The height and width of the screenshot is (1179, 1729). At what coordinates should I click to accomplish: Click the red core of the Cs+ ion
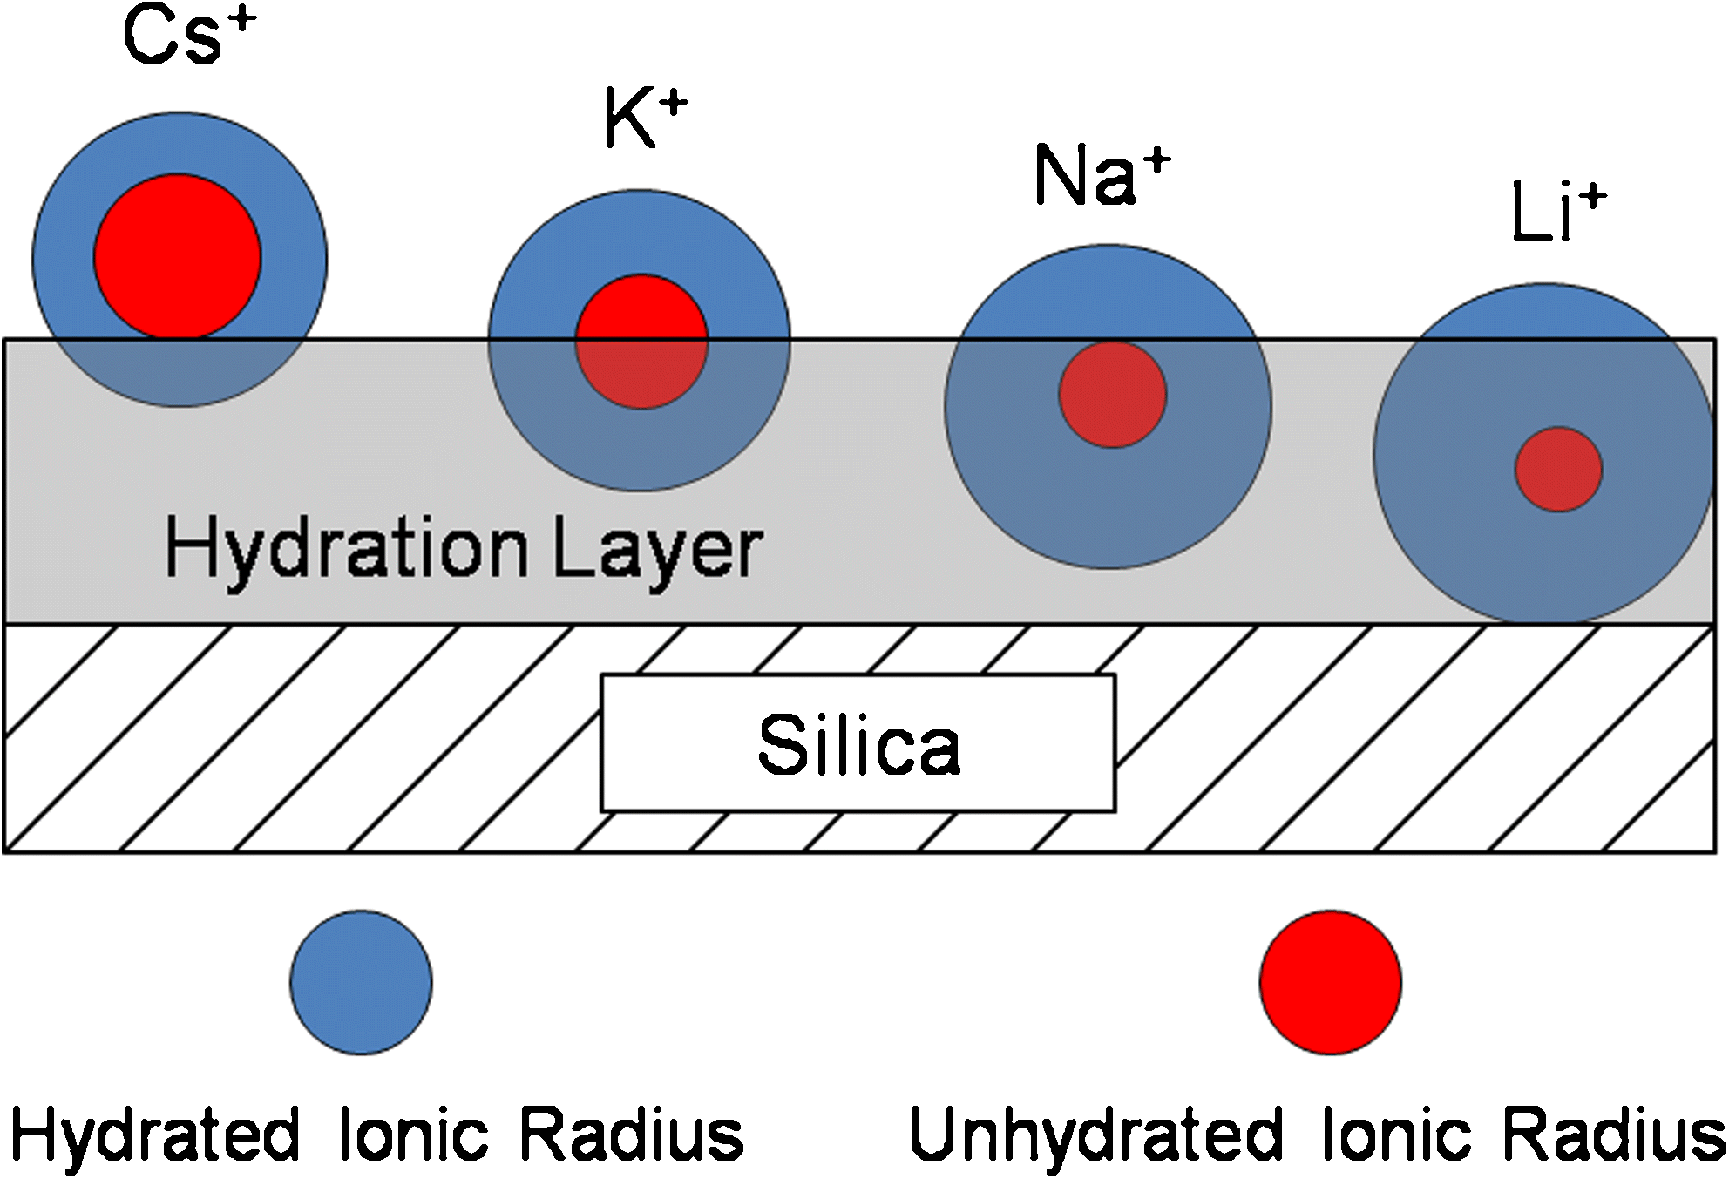[x=178, y=256]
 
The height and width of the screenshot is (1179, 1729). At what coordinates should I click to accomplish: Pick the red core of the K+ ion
[x=641, y=342]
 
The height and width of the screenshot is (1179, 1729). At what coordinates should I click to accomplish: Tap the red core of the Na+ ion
[x=1112, y=395]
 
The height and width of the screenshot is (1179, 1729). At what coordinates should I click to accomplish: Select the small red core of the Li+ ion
[x=1558, y=469]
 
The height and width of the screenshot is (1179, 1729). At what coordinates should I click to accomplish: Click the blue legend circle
[x=361, y=982]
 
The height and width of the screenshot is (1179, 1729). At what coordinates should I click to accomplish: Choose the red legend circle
[x=1330, y=982]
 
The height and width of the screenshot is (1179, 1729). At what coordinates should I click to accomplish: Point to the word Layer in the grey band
[x=658, y=549]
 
